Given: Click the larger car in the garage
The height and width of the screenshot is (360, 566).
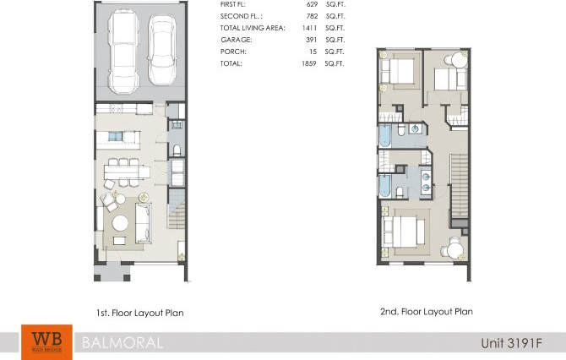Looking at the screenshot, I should pos(124,52).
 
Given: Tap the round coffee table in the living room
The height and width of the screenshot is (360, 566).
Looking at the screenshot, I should pos(121,223).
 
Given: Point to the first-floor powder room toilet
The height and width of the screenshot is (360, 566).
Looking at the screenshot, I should pos(177,150).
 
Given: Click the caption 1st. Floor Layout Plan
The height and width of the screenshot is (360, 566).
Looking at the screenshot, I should pos(139,313).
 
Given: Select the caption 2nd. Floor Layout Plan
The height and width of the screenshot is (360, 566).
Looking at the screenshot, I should pos(426,311).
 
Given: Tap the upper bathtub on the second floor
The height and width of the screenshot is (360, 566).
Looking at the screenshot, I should pos(385,135).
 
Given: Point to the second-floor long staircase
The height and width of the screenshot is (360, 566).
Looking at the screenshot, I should pos(460,186).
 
